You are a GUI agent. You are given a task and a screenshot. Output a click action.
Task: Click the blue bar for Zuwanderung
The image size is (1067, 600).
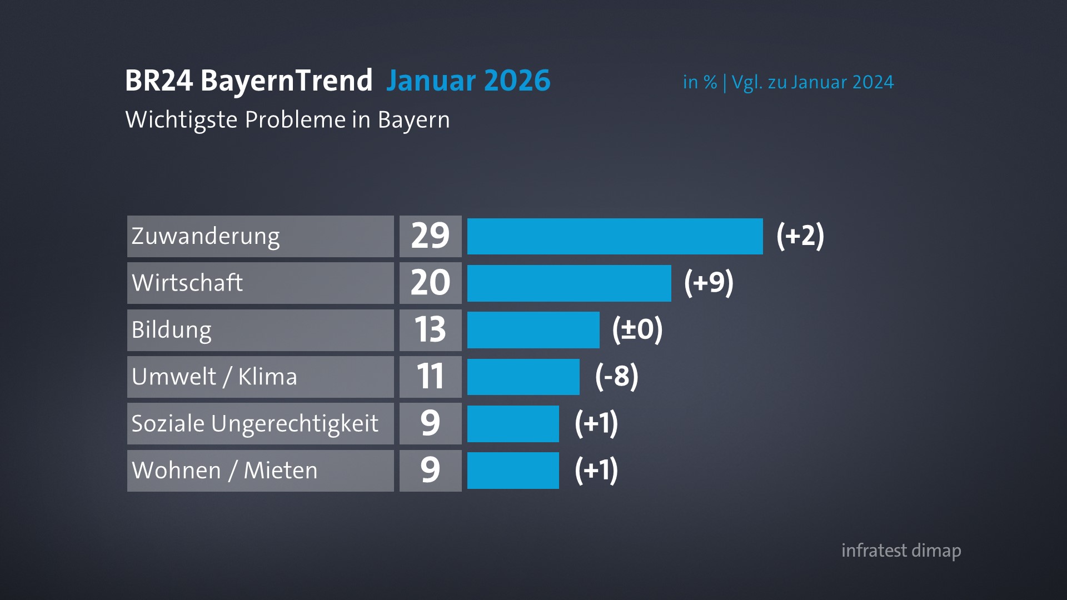615,236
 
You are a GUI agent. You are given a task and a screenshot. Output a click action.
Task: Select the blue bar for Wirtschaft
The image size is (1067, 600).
569,283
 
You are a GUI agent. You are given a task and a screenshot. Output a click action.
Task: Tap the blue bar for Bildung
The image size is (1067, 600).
533,330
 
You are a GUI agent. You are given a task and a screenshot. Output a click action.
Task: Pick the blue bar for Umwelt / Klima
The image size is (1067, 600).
523,377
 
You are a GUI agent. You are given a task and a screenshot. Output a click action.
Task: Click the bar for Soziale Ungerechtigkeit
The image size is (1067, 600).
513,423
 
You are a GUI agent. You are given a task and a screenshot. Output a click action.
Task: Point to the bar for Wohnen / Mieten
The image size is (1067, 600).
513,470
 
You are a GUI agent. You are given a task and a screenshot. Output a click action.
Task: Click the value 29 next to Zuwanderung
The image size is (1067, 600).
430,236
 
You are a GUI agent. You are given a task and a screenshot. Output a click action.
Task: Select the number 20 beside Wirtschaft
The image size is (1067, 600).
430,283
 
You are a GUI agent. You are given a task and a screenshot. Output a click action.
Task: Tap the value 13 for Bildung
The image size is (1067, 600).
430,330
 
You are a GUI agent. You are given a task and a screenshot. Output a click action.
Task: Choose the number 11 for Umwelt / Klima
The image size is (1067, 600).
430,377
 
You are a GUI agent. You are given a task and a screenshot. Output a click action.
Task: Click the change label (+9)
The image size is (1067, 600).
709,283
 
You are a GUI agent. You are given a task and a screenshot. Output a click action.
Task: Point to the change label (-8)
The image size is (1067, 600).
616,377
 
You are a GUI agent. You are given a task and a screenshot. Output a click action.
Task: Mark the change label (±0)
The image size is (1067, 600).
637,330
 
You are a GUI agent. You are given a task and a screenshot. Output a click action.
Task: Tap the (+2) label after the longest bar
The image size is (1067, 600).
800,236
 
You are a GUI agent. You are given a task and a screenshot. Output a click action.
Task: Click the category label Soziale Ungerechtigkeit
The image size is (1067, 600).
255,423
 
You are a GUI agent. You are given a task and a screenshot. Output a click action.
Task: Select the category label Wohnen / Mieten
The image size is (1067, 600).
225,471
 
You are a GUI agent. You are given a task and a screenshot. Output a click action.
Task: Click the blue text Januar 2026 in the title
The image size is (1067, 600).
468,81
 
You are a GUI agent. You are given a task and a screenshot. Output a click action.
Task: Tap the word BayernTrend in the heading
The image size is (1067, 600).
286,81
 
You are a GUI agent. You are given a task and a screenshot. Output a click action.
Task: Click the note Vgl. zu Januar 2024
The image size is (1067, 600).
812,82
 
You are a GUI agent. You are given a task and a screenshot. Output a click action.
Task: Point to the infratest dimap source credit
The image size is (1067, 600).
901,551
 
